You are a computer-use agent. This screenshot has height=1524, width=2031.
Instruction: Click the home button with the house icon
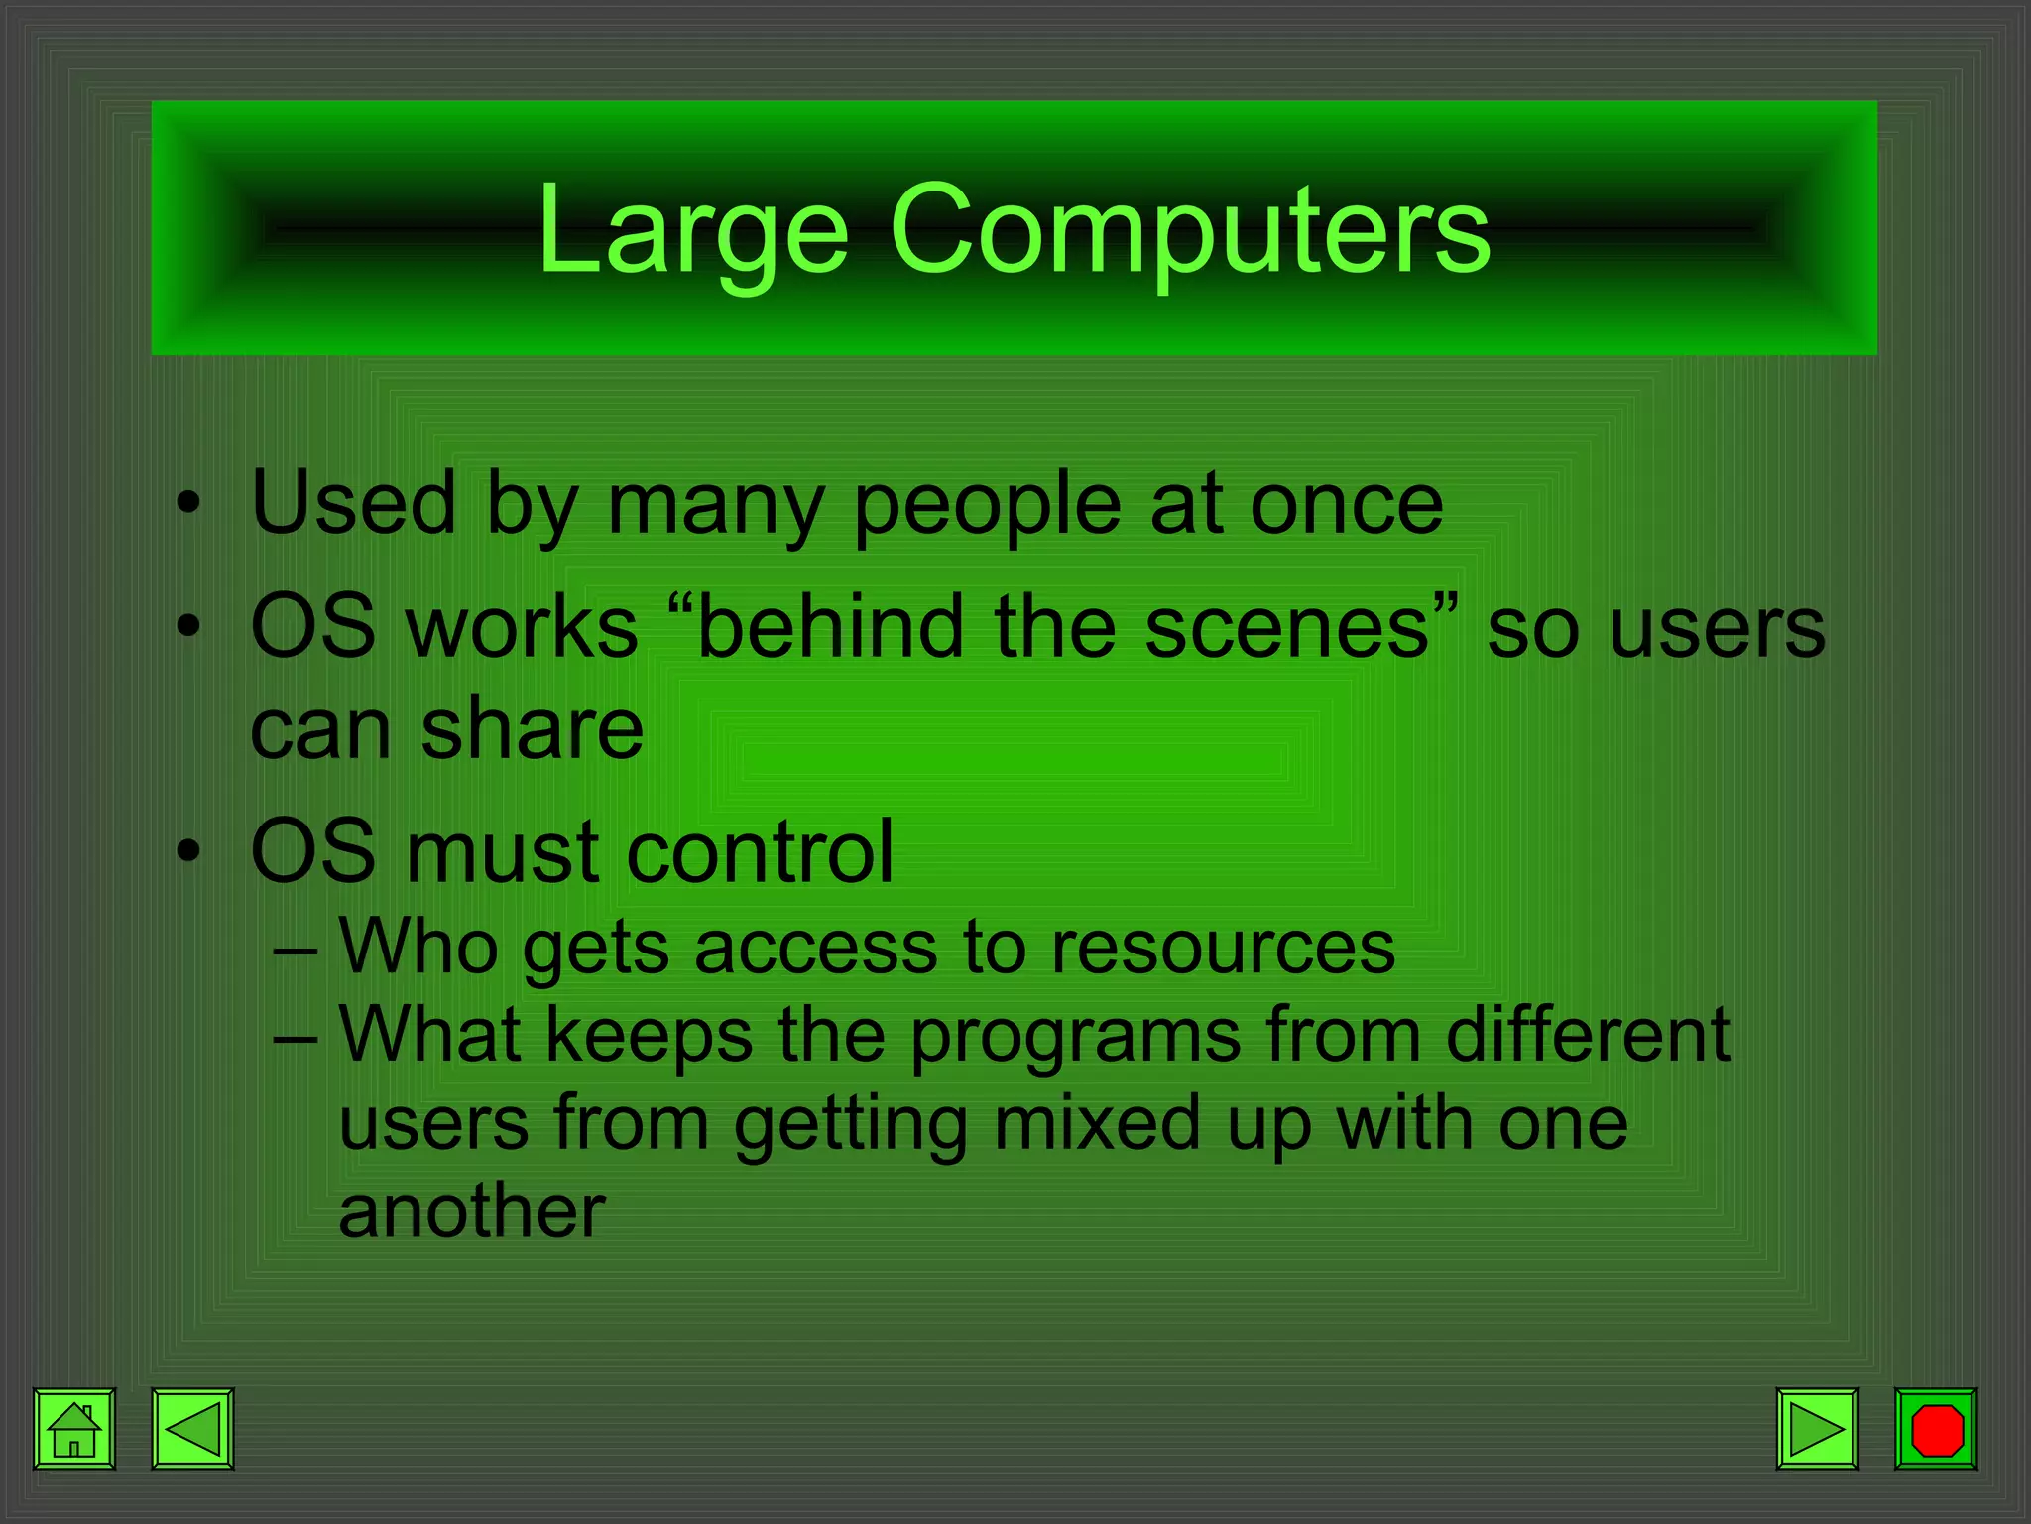[x=74, y=1429]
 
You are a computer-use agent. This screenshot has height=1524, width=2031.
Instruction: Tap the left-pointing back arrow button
[x=192, y=1429]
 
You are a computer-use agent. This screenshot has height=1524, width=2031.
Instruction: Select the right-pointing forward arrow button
[x=1817, y=1429]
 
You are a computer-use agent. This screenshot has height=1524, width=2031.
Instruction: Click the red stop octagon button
[x=1936, y=1429]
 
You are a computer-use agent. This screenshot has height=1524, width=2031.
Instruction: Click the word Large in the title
[x=693, y=230]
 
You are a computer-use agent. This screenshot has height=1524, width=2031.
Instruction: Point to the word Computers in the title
[x=1189, y=230]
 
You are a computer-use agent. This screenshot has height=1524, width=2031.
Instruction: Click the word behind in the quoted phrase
[x=830, y=627]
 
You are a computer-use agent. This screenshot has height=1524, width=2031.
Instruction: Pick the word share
[x=532, y=728]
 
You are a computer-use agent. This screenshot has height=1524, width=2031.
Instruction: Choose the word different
[x=1588, y=1036]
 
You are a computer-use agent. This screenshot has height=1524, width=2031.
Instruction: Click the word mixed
[x=1098, y=1124]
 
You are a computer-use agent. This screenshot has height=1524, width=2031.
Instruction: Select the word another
[x=472, y=1211]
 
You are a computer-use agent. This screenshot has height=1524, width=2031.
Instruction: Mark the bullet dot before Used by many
[x=188, y=505]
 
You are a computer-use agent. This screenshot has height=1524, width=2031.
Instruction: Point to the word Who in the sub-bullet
[x=418, y=948]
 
